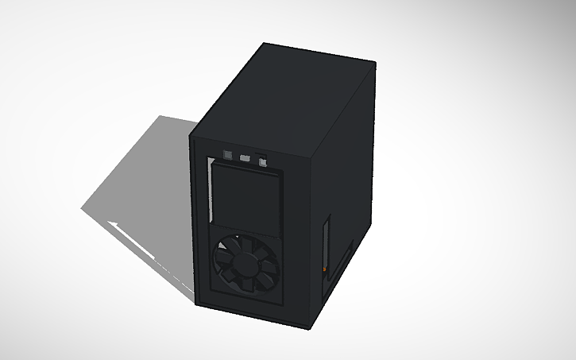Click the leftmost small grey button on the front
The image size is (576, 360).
(229, 153)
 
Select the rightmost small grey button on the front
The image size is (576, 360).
(261, 162)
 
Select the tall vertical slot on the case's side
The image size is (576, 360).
(325, 246)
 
